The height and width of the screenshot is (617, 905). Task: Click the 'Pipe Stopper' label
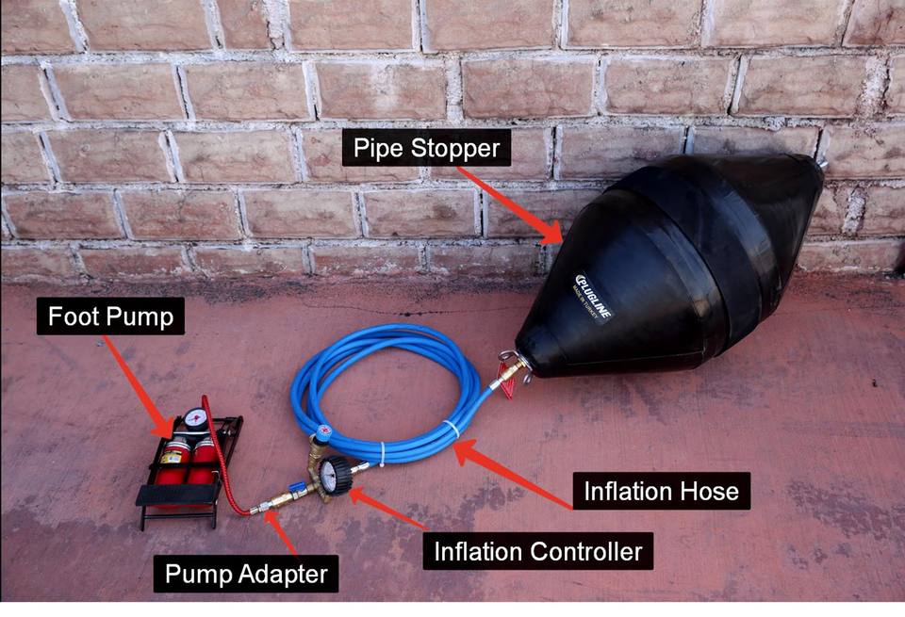pyautogui.click(x=426, y=147)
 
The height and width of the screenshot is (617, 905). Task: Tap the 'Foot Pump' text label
pyautogui.click(x=111, y=317)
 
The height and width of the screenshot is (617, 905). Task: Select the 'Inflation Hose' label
pyautogui.click(x=662, y=491)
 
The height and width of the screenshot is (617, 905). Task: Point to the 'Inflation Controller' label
pyautogui.click(x=537, y=551)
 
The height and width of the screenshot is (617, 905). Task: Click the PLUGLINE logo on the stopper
pyautogui.click(x=593, y=297)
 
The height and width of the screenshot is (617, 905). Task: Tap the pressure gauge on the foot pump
pyautogui.click(x=196, y=419)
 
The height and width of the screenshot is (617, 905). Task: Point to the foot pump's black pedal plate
pyautogui.click(x=179, y=495)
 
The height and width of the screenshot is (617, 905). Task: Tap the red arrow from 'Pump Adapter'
pyautogui.click(x=279, y=533)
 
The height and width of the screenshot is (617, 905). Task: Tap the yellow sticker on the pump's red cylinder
pyautogui.click(x=172, y=456)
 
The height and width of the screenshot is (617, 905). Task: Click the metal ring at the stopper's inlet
pyautogui.click(x=509, y=358)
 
